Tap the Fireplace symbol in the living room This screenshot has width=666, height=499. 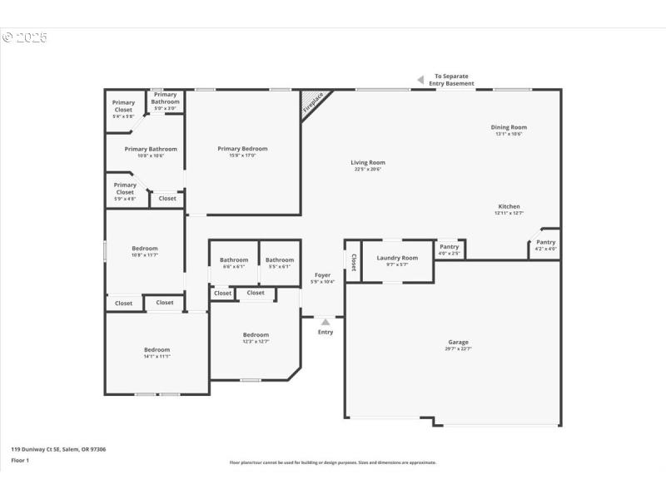pyautogui.click(x=314, y=103)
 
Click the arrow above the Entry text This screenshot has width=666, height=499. pyautogui.click(x=326, y=321)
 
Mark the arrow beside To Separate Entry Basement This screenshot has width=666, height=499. pyautogui.click(x=420, y=80)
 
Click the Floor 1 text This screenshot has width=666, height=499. pyautogui.click(x=20, y=460)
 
